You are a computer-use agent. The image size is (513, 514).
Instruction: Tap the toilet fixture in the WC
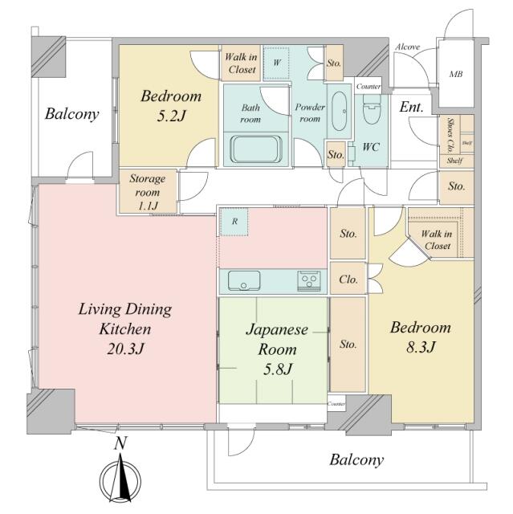pos(372,110)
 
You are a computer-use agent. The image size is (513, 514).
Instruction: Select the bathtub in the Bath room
pos(256,149)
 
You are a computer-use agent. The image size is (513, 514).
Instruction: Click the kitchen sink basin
pos(244,280)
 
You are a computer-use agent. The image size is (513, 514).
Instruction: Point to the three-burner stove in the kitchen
pos(309,280)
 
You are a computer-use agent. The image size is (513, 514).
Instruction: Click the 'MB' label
pos(456,75)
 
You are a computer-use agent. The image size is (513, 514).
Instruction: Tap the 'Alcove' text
pos(407,47)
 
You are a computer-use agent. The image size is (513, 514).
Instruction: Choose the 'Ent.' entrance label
pos(411,107)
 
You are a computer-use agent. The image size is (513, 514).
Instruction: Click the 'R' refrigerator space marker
pos(234,222)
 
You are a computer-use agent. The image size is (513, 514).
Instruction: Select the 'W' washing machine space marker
pos(277,63)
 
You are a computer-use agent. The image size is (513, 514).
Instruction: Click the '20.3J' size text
pos(125,349)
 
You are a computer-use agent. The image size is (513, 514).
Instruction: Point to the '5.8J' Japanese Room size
pos(278,369)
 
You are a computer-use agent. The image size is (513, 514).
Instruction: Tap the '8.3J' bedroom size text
pos(421,348)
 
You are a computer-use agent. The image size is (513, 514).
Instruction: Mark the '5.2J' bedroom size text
pos(171,116)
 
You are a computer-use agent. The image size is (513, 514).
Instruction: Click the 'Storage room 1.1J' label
pos(148,192)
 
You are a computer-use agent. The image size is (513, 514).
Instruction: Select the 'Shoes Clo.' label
pos(450,136)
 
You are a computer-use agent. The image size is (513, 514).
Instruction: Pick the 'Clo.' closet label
pos(348,279)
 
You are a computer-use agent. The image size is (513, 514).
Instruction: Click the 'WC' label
pos(371,147)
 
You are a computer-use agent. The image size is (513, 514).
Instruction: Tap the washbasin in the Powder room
pos(340,111)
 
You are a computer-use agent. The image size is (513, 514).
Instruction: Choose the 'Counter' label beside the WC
pos(368,87)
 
